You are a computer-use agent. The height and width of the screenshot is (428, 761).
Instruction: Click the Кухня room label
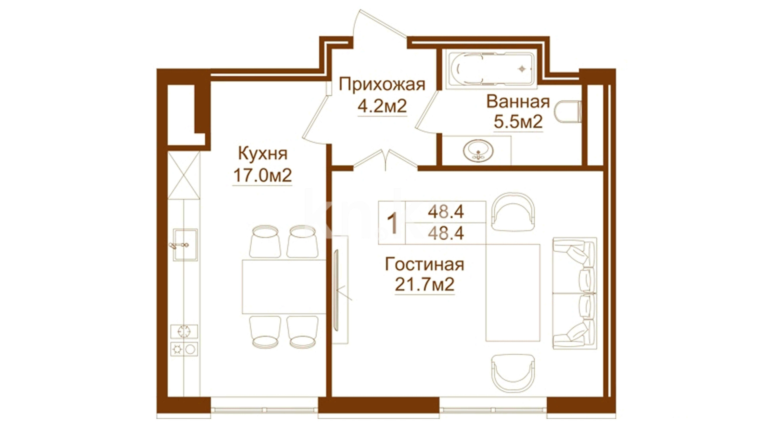tap(263, 154)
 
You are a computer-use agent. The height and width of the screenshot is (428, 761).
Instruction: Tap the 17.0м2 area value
tap(262, 175)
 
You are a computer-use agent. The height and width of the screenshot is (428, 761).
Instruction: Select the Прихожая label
tap(382, 85)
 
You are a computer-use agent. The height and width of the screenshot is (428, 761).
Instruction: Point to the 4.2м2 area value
tap(382, 106)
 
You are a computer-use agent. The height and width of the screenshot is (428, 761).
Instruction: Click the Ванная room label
tap(518, 102)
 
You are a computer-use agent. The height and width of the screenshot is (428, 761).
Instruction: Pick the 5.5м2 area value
tap(518, 122)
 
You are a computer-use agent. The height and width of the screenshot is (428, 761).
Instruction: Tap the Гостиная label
tap(424, 264)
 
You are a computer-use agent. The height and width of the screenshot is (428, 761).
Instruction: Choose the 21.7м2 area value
tap(424, 285)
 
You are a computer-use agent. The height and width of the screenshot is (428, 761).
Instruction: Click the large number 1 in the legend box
tap(392, 223)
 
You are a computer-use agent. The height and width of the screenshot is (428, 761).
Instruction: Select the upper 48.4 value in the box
tap(446, 212)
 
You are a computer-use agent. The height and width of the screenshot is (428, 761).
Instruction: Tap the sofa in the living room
tap(574, 293)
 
